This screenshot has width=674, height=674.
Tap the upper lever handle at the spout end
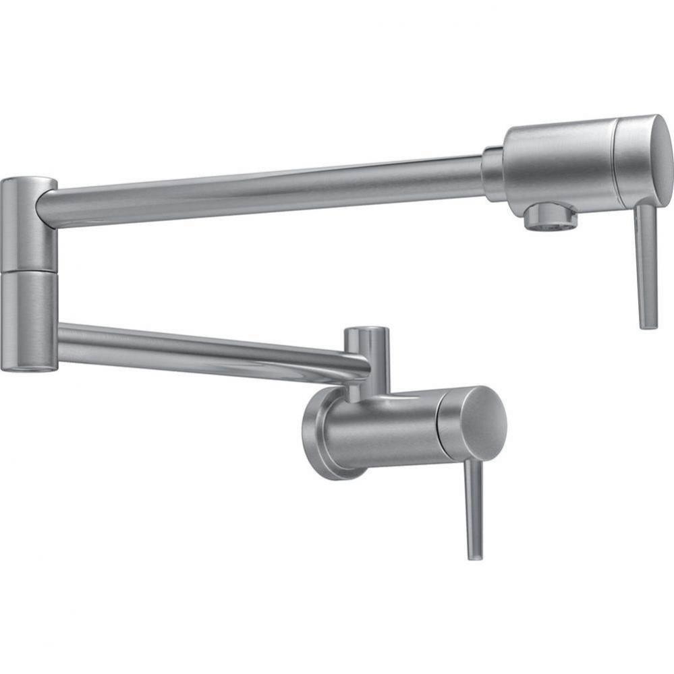coord(646,263)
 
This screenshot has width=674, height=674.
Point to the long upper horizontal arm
coord(270,185)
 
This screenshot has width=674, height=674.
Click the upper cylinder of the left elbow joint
coord(28,226)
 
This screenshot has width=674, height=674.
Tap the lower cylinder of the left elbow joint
coord(28,320)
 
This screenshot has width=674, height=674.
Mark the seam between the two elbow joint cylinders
coord(28,272)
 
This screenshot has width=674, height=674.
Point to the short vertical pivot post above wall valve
coord(368,361)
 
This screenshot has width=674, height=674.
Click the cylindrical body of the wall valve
coord(385,431)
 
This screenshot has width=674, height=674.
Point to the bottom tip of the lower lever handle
coord(475,556)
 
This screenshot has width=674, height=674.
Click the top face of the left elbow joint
coord(28,181)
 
